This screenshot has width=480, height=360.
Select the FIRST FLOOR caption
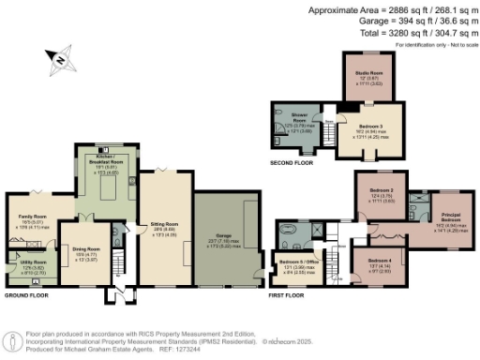coord(287,294)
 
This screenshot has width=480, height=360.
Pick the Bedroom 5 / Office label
coord(296,262)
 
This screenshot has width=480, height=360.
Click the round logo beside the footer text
coord(12,338)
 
